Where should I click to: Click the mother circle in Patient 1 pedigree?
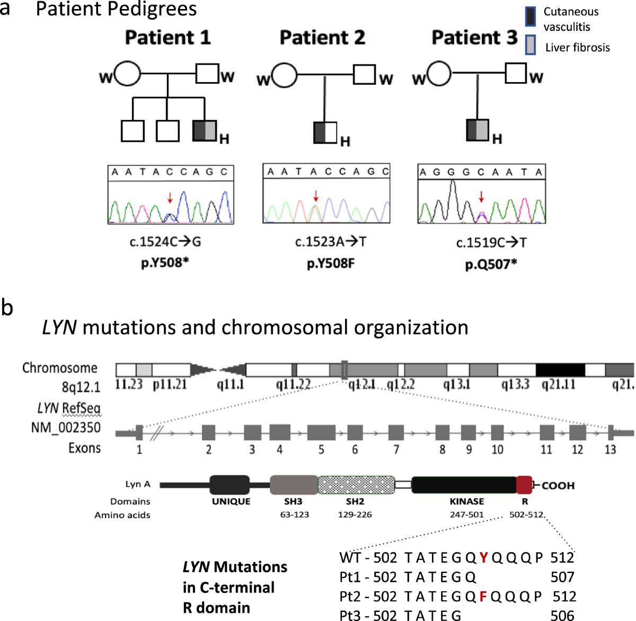[128, 74]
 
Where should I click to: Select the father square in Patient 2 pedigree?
[364, 74]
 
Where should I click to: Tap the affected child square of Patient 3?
[478, 130]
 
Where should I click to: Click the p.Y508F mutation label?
[331, 263]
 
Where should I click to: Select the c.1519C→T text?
[491, 242]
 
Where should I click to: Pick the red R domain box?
[524, 485]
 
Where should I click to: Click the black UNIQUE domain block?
[229, 485]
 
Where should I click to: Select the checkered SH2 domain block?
[356, 485]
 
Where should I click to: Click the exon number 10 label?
[497, 450]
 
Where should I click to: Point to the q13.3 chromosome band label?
[515, 384]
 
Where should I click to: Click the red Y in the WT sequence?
[483, 557]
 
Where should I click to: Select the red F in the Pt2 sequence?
[483, 597]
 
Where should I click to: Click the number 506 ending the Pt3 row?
[562, 615]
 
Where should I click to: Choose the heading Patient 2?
[322, 38]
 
